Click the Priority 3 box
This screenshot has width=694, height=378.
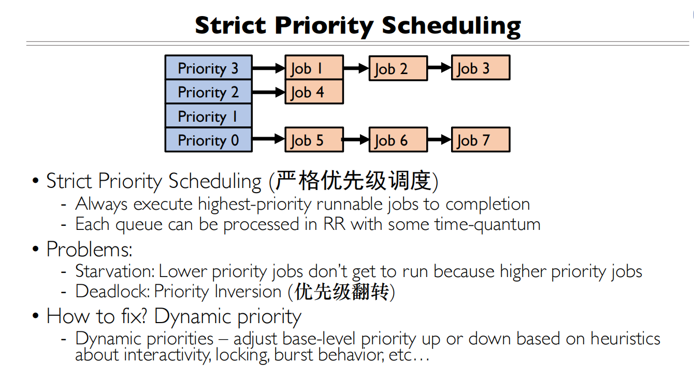click(x=208, y=68)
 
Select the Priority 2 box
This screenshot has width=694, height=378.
click(x=208, y=92)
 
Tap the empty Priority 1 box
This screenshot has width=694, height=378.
click(x=208, y=116)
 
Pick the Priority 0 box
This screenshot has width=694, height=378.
click(x=208, y=140)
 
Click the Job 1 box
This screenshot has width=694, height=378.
click(x=314, y=68)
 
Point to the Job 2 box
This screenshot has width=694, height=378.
click(x=398, y=68)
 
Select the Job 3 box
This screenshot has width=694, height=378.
click(x=480, y=68)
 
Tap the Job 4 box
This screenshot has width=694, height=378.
click(x=314, y=92)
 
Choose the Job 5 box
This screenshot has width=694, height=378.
click(x=314, y=140)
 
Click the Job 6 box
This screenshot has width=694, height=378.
click(x=398, y=140)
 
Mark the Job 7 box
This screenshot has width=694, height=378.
click(x=480, y=140)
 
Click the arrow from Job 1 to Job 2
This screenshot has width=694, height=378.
click(x=356, y=68)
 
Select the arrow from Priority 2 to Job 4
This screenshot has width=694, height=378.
click(x=268, y=92)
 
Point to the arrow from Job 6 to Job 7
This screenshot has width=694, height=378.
click(x=439, y=140)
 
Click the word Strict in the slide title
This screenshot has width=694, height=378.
click(x=232, y=25)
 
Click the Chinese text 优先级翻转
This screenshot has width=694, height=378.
click(x=341, y=292)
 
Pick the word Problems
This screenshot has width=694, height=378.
click(x=89, y=250)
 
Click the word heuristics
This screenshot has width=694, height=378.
click(x=625, y=339)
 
